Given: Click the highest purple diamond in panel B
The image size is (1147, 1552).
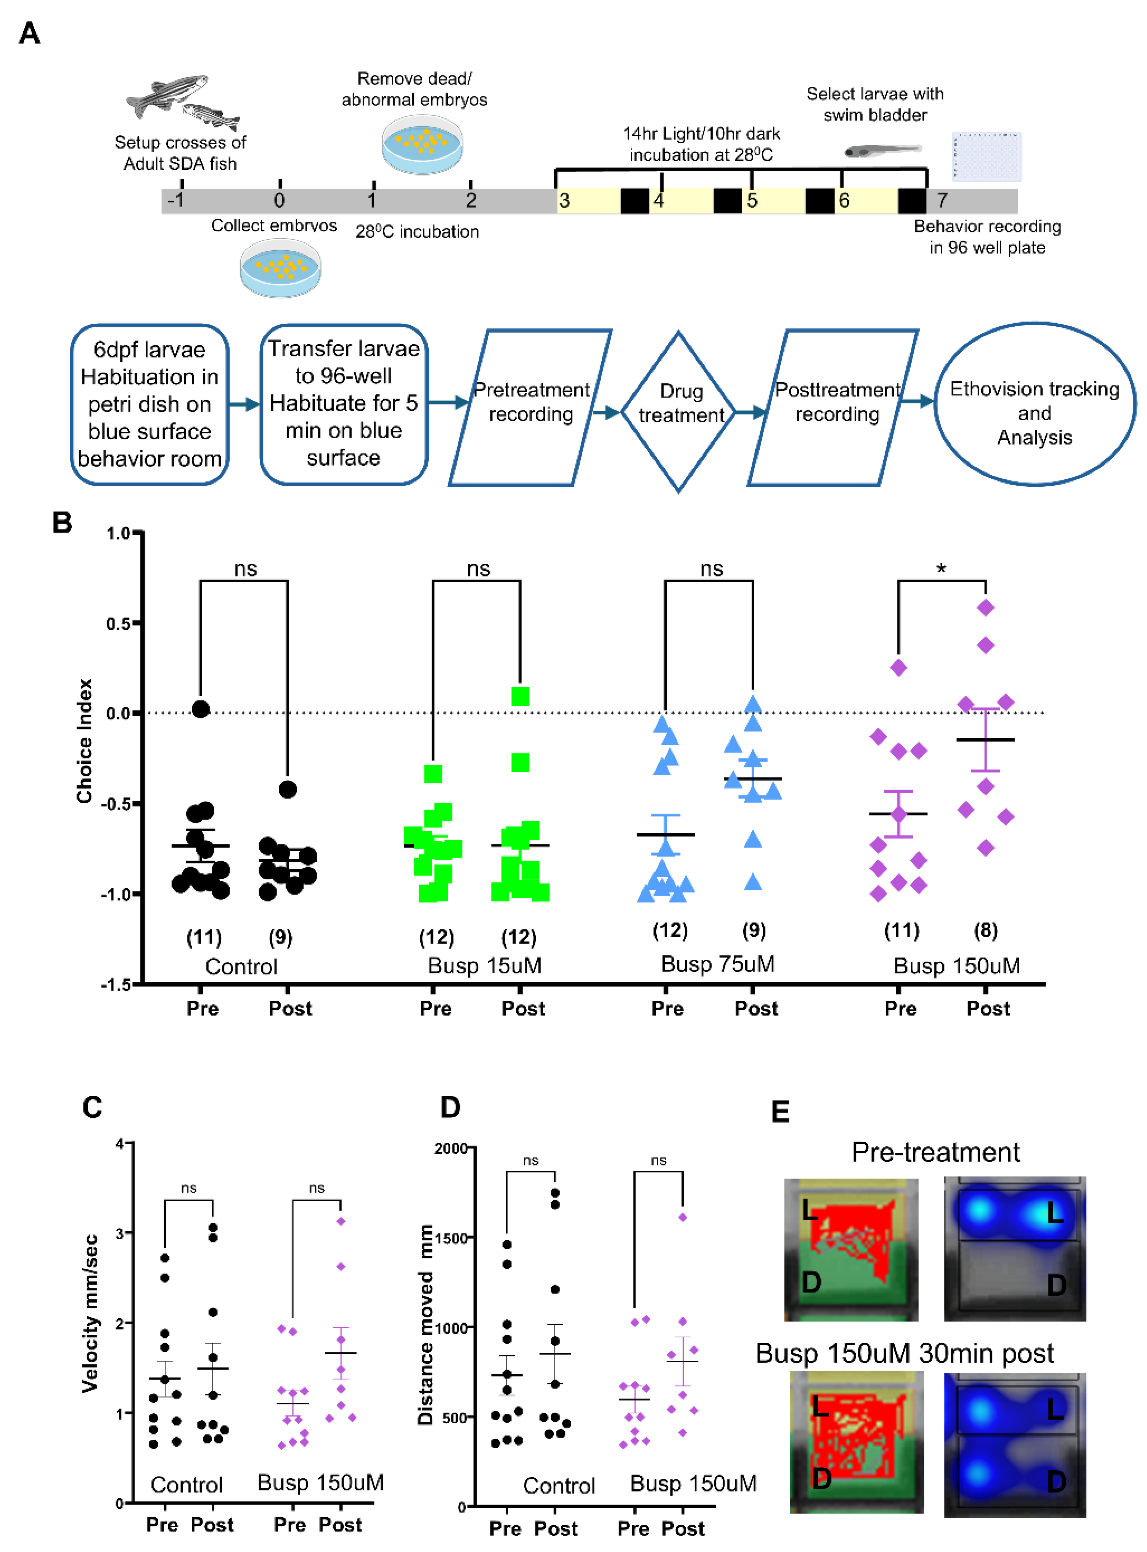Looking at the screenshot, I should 985,607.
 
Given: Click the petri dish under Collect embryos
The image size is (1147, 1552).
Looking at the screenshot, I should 281,268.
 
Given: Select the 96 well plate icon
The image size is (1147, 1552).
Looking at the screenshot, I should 986,156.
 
